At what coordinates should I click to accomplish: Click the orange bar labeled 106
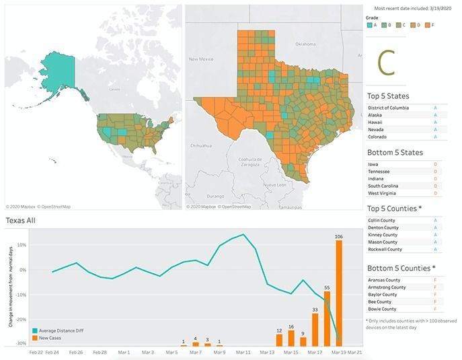(339, 293)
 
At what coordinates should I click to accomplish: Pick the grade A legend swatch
(371, 26)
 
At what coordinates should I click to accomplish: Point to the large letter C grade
(386, 62)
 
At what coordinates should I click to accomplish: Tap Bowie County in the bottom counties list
(381, 309)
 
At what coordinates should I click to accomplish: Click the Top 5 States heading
(397, 96)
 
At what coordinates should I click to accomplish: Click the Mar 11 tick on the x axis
(243, 352)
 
